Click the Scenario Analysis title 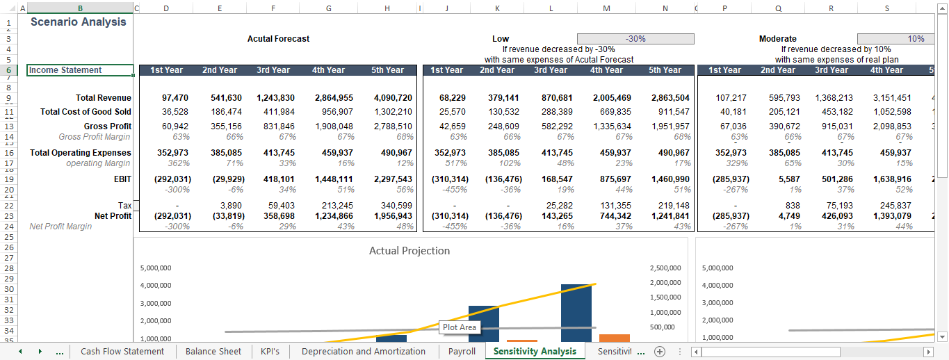pyautogui.click(x=79, y=22)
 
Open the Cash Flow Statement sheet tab pyautogui.click(x=122, y=351)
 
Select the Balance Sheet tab pyautogui.click(x=213, y=351)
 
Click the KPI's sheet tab pyautogui.click(x=270, y=351)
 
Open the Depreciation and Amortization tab pyautogui.click(x=363, y=351)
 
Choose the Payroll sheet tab pyautogui.click(x=462, y=351)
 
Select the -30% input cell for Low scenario pyautogui.click(x=635, y=39)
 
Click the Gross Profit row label pyautogui.click(x=105, y=126)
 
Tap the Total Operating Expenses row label pyautogui.click(x=86, y=152)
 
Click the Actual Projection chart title pyautogui.click(x=409, y=251)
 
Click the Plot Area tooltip pyautogui.click(x=460, y=327)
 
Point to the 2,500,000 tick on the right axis pyautogui.click(x=665, y=268)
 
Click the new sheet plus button pyautogui.click(x=660, y=351)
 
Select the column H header pyautogui.click(x=387, y=8)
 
